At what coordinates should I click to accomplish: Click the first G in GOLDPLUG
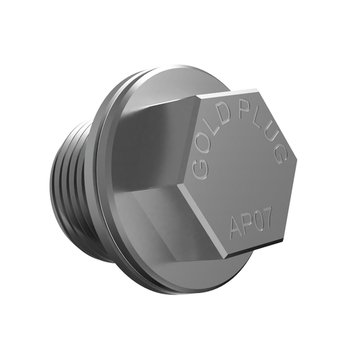[198, 169]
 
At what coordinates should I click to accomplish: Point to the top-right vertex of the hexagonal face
[258, 87]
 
